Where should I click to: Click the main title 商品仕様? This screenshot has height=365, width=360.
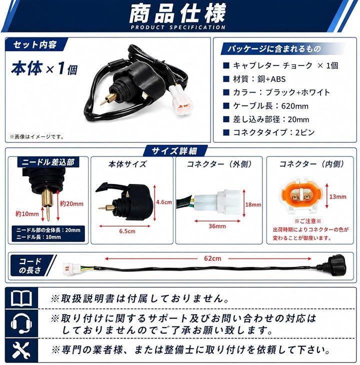pyautogui.click(x=177, y=13)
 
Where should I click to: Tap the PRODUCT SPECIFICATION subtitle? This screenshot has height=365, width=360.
pyautogui.click(x=178, y=27)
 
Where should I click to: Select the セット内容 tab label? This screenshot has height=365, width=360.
pyautogui.click(x=35, y=44)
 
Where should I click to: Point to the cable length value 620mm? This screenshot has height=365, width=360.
pyautogui.click(x=294, y=106)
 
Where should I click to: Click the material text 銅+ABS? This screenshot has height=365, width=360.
pyautogui.click(x=271, y=79)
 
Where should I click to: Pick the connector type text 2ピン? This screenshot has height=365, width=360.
pyautogui.click(x=305, y=132)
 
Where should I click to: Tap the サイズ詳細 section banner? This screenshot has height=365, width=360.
pyautogui.click(x=174, y=151)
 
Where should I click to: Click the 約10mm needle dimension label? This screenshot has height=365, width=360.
pyautogui.click(x=27, y=213)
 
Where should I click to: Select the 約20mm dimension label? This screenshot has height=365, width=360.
pyautogui.click(x=71, y=203)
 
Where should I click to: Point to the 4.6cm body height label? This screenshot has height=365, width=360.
pyautogui.click(x=164, y=202)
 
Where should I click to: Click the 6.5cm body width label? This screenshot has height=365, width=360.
pyautogui.click(x=127, y=231)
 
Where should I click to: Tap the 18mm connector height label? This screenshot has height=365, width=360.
pyautogui.click(x=253, y=204)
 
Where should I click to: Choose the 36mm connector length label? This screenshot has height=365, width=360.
pyautogui.click(x=217, y=226)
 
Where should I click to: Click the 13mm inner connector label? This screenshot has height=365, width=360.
pyautogui.click(x=337, y=196)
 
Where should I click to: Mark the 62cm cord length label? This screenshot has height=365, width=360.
pyautogui.click(x=212, y=258)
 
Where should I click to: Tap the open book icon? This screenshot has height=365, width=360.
pyautogui.click(x=21, y=298)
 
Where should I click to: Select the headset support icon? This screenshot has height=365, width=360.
pyautogui.click(x=21, y=323)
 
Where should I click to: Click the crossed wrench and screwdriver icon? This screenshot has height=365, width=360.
pyautogui.click(x=21, y=350)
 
